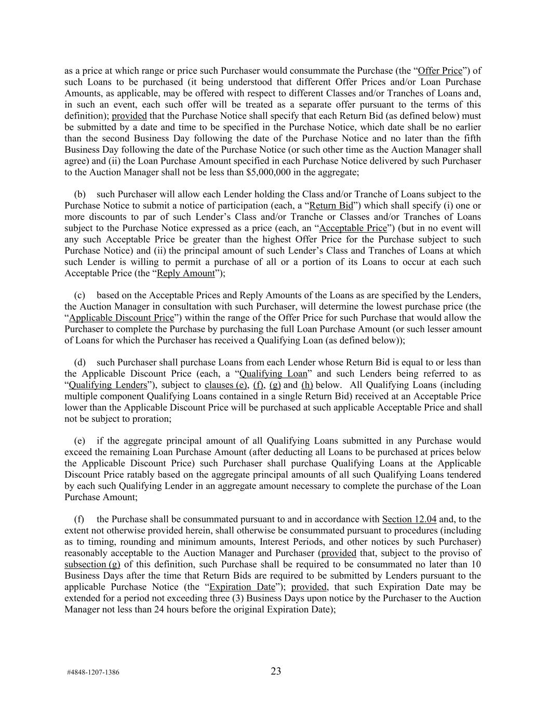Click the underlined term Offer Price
(x=440, y=71)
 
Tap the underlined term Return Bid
(x=331, y=206)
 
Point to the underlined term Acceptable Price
(x=354, y=228)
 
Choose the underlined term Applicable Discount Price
(x=121, y=318)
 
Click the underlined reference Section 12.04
(x=409, y=519)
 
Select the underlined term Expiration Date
(x=242, y=587)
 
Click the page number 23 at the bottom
(x=276, y=671)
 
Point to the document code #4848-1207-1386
(x=93, y=672)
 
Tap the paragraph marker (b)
(x=80, y=194)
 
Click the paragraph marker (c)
(x=80, y=296)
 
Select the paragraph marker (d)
(x=80, y=363)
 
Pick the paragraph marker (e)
(x=80, y=441)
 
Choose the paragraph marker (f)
(x=79, y=519)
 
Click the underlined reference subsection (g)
(x=92, y=565)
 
